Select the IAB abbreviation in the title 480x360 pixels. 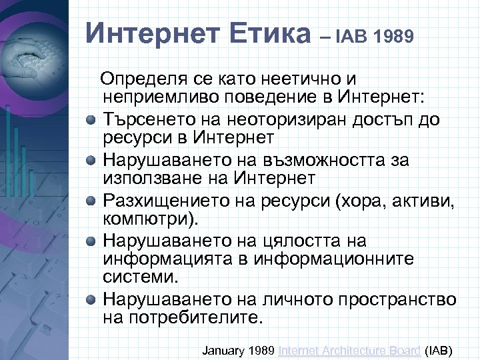click(x=354, y=35)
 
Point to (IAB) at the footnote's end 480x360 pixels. click(x=438, y=349)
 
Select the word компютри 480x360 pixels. click(x=147, y=219)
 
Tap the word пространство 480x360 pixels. click(x=391, y=299)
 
